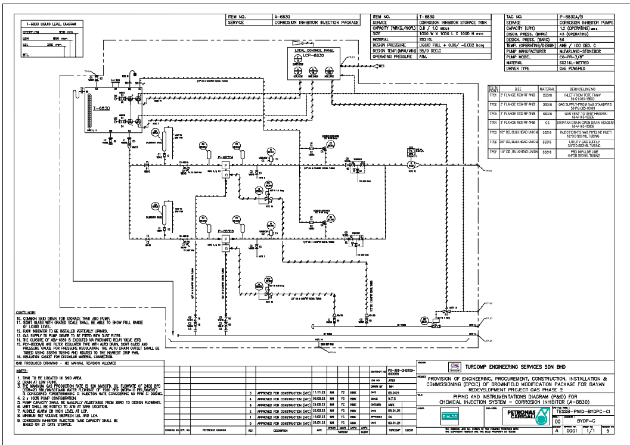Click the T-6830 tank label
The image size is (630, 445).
[101, 108]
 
